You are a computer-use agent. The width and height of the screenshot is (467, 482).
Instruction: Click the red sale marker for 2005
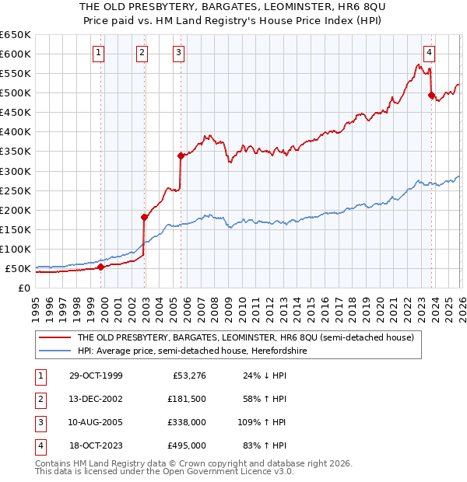coord(181,155)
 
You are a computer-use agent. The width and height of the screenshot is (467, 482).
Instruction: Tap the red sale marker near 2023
coord(431,95)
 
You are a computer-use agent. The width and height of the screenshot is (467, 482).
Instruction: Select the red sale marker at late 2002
coord(144,217)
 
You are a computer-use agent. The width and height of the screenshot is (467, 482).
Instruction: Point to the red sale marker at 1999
coord(101,267)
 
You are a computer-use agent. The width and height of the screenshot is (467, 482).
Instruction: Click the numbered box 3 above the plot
coord(178,53)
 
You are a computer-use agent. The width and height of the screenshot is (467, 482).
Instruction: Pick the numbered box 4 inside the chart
coord(429,53)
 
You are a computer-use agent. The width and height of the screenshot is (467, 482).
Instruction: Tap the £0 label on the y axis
coord(24,288)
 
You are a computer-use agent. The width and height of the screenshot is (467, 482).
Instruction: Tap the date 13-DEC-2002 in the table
coord(95,399)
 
